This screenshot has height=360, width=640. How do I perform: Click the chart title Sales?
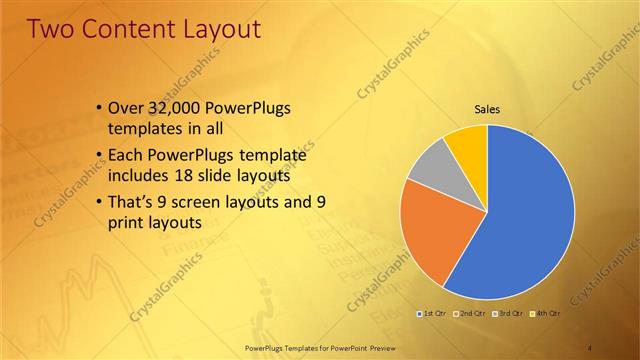(x=487, y=109)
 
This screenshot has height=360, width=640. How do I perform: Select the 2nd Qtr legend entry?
(x=470, y=314)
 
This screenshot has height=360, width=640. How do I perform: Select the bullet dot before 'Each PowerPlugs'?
(x=98, y=157)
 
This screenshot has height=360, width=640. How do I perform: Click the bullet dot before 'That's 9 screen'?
(x=98, y=203)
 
